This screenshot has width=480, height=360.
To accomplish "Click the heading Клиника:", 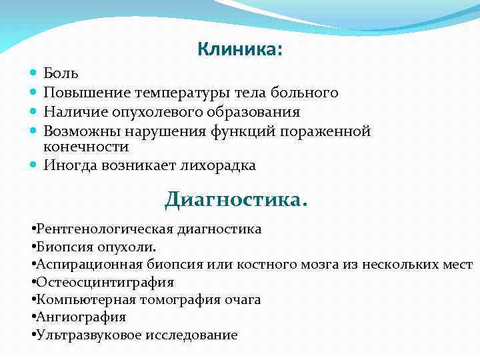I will click(240, 49).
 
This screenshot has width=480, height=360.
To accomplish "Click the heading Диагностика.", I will click(236, 199).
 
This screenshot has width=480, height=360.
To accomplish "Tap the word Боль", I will click(61, 73).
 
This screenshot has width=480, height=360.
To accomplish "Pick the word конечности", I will click(86, 146).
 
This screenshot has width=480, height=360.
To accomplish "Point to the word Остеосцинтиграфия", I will click(105, 283).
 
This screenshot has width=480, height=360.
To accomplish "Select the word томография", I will click(169, 300).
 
